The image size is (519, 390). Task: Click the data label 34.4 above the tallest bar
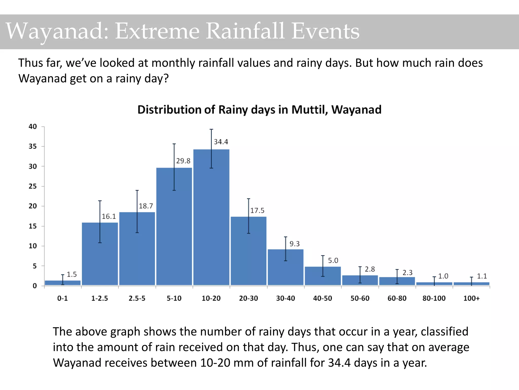click(x=221, y=142)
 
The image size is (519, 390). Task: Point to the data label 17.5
click(x=257, y=210)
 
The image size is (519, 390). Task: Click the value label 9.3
click(x=294, y=244)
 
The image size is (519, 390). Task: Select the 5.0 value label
click(x=333, y=261)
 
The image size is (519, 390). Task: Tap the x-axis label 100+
click(x=471, y=298)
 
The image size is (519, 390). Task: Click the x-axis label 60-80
click(x=397, y=298)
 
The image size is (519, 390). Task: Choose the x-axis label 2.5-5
click(x=137, y=298)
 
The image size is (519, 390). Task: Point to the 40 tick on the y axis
click(x=33, y=126)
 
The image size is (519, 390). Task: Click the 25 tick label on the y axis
click(x=33, y=186)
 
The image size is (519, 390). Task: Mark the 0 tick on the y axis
click(x=35, y=286)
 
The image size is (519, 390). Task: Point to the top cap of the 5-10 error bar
click(x=174, y=144)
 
